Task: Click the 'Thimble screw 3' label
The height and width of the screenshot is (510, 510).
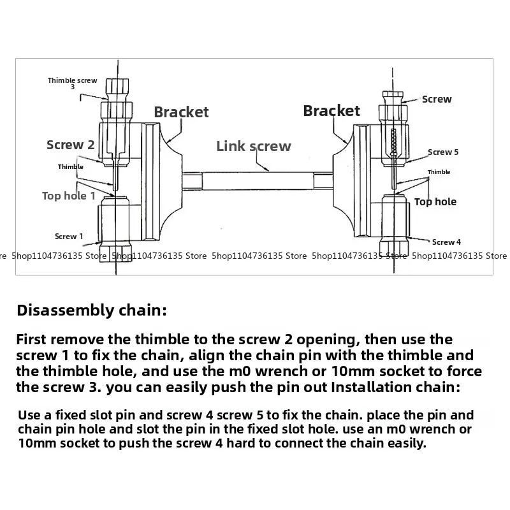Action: click(72, 82)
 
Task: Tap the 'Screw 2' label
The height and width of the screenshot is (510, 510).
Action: click(70, 145)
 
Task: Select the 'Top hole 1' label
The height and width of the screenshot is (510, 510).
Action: click(69, 196)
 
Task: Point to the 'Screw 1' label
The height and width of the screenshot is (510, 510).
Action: click(69, 237)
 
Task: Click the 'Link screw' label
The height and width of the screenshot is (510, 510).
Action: click(253, 146)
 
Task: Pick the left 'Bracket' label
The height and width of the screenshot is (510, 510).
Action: click(181, 112)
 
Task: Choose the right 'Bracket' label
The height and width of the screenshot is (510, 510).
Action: click(331, 111)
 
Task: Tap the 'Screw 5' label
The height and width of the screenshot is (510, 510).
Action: click(442, 152)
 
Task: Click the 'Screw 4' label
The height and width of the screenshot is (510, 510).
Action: click(446, 242)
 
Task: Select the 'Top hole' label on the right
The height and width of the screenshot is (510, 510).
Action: click(435, 202)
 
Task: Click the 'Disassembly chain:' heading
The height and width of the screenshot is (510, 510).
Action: click(91, 311)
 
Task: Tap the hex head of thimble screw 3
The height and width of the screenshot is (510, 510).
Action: click(116, 87)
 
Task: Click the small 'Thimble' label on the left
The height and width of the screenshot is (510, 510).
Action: click(70, 167)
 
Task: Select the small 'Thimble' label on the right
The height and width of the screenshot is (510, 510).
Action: click(439, 172)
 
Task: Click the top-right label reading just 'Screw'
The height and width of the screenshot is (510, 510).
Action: click(436, 99)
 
